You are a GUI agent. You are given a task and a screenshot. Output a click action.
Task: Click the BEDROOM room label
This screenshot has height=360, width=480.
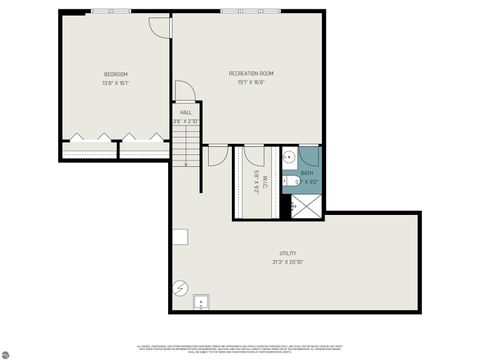pos(115,75)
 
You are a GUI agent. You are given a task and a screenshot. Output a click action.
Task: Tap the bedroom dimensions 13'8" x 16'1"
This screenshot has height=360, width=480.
pos(115,83)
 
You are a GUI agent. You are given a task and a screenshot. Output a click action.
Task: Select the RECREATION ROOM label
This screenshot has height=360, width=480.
pos(251,74)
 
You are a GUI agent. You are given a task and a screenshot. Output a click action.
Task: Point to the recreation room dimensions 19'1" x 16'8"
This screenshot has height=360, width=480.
pos(251,83)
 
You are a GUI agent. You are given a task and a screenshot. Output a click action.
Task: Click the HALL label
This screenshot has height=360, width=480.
pos(186,113)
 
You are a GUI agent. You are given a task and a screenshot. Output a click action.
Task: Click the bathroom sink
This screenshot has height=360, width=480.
pos(288,157)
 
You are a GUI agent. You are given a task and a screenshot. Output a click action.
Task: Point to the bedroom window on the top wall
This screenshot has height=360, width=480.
pos(104,11)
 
